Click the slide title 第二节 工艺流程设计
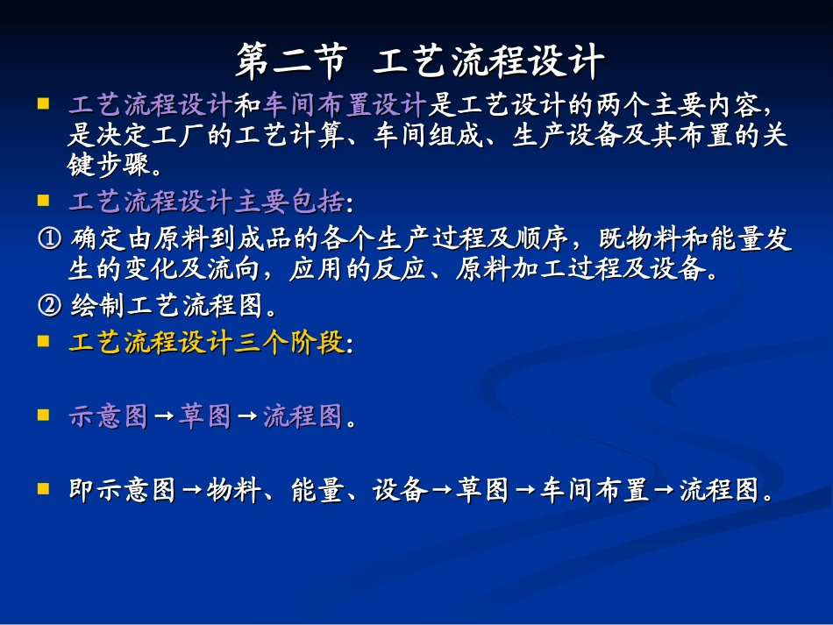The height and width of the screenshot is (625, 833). pos(420,62)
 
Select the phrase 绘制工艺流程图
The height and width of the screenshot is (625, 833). pos(167,306)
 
